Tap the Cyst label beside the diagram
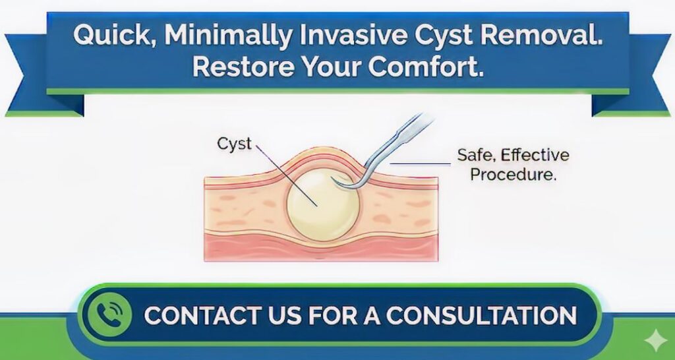235,144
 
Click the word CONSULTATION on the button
482,315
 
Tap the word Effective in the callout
534,156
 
